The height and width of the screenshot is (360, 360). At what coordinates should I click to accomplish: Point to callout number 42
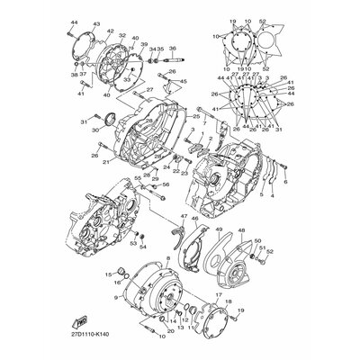click(x=111, y=31)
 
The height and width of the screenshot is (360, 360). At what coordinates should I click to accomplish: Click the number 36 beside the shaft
click(x=173, y=49)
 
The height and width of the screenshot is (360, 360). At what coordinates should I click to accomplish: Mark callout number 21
click(x=104, y=162)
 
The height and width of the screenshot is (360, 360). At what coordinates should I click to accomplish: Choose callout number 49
click(x=219, y=231)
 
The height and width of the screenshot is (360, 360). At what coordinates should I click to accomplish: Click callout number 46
click(x=195, y=244)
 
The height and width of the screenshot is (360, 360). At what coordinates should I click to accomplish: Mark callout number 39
click(x=144, y=43)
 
